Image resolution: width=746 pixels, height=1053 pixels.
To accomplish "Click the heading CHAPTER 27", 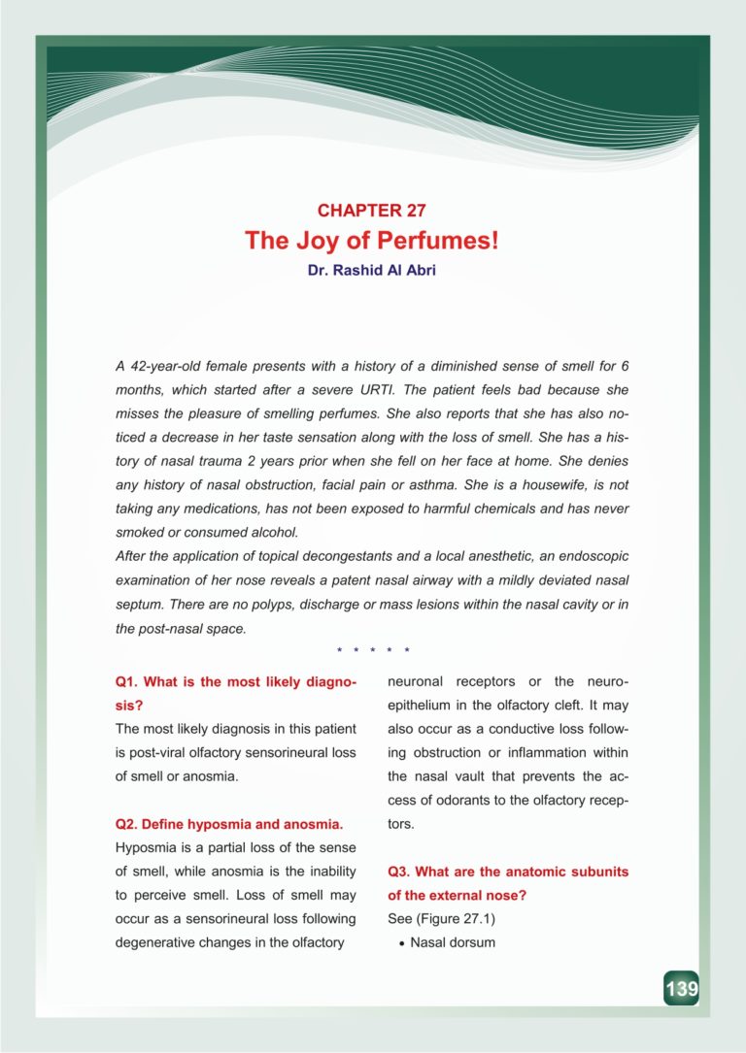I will [372, 210].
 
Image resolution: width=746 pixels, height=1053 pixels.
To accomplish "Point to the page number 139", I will [681, 989].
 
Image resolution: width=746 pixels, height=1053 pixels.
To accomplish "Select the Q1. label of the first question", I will [129, 682].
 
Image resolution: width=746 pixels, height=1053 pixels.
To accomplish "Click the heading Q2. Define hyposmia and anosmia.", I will [228, 824].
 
